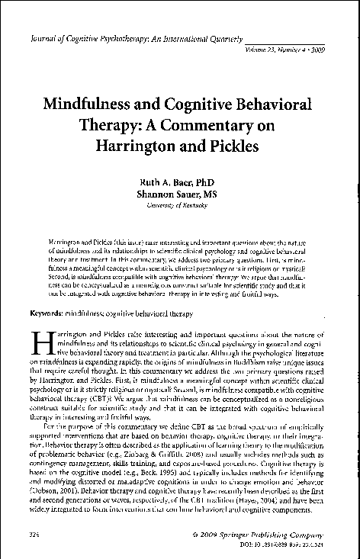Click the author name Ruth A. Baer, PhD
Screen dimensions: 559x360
pyautogui.click(x=181, y=183)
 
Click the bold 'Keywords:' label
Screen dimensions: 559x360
pyautogui.click(x=47, y=313)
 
